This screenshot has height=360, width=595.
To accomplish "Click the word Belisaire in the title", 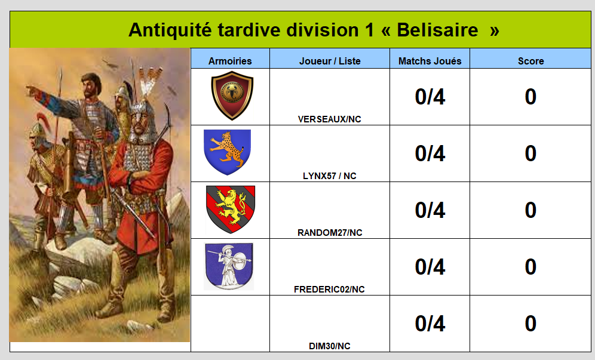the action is tap(437, 30).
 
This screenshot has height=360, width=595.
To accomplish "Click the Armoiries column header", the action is tap(230, 61).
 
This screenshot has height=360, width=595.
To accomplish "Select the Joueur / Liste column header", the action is tap(330, 61).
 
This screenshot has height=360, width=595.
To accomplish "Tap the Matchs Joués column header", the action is tap(430, 61).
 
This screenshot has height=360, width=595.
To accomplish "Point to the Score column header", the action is tap(530, 61).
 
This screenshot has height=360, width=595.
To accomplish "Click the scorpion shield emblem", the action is tap(232, 96).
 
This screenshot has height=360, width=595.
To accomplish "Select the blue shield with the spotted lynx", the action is tap(227, 152).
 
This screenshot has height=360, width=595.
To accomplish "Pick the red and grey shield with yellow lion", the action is tap(231, 209).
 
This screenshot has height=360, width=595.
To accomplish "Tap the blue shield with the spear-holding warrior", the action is tap(229, 266).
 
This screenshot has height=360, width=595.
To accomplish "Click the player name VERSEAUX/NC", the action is tap(329, 119).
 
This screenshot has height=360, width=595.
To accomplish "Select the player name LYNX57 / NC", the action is tap(329, 176).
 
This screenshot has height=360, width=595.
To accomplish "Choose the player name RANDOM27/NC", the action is tap(330, 233).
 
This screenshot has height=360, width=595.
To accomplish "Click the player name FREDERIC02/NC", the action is tap(329, 290).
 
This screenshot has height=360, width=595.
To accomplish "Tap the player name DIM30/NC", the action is tap(329, 346).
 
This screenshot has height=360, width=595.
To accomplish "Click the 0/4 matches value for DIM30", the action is tap(430, 324).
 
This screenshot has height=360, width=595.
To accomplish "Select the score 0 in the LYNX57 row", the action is tap(530, 153).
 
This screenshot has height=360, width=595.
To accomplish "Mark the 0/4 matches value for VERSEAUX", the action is tap(430, 97).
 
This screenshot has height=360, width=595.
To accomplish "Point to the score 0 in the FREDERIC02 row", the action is tap(530, 267).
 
